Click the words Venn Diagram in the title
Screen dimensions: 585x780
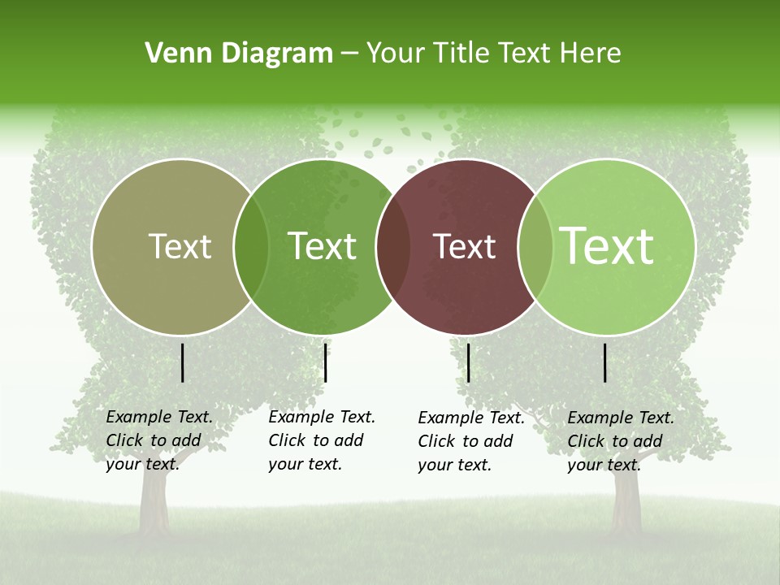tap(239, 54)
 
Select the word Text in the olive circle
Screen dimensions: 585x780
tap(180, 246)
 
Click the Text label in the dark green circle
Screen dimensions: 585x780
tap(322, 246)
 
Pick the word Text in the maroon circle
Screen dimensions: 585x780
tap(464, 246)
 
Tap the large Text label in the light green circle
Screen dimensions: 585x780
tap(607, 245)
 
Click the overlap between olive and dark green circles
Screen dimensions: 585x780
tap(251, 246)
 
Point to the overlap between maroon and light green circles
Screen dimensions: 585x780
tap(535, 246)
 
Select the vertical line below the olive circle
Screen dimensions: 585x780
tap(183, 362)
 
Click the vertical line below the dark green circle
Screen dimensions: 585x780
tap(325, 362)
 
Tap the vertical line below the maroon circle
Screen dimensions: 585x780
tap(469, 362)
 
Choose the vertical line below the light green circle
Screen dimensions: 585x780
tap(605, 362)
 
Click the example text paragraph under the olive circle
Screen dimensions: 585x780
tap(158, 440)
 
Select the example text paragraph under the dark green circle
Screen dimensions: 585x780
tap(321, 440)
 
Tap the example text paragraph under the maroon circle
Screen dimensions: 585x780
tap(470, 441)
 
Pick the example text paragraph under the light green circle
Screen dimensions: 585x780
tap(620, 441)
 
